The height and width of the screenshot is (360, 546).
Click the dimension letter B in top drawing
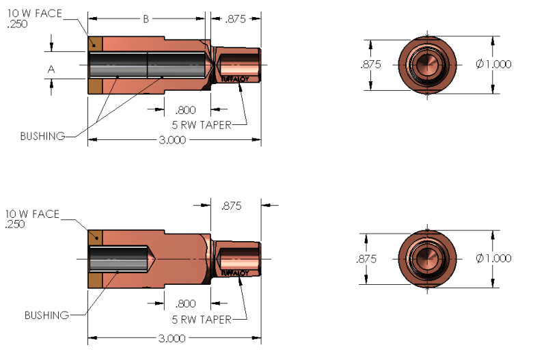pyautogui.click(x=146, y=20)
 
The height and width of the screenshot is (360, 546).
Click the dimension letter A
pyautogui.click(x=51, y=69)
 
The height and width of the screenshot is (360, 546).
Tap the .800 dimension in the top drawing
pyautogui.click(x=186, y=109)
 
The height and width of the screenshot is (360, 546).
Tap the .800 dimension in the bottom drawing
pyautogui.click(x=186, y=304)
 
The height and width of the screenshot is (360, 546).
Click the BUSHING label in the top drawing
pyautogui.click(x=42, y=136)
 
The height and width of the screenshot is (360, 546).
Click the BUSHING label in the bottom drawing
pyautogui.click(x=46, y=315)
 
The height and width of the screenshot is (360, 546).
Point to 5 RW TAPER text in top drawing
pyautogui.click(x=204, y=124)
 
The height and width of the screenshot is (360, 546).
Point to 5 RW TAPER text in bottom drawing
pyautogui.click(x=204, y=319)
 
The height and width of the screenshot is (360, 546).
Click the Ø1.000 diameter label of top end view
pyautogui.click(x=493, y=64)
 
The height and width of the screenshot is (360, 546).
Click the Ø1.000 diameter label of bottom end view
pyautogui.click(x=493, y=259)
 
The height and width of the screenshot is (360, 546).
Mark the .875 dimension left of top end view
pyautogui.click(x=370, y=64)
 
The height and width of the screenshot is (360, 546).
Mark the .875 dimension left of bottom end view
pyautogui.click(x=367, y=260)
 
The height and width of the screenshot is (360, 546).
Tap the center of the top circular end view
pyautogui.click(x=428, y=64)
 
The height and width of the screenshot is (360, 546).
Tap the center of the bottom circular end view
pyautogui.click(x=428, y=260)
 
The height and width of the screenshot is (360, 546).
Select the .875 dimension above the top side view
pyautogui.click(x=237, y=20)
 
